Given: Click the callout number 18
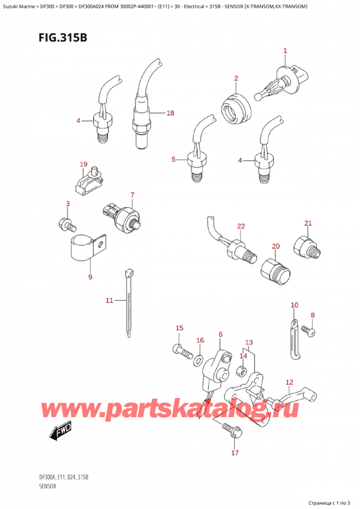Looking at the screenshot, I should (170, 113).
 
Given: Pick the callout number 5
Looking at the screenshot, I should (173, 159).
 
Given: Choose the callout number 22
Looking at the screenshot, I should (241, 226).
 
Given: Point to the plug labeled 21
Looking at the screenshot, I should (305, 247).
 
